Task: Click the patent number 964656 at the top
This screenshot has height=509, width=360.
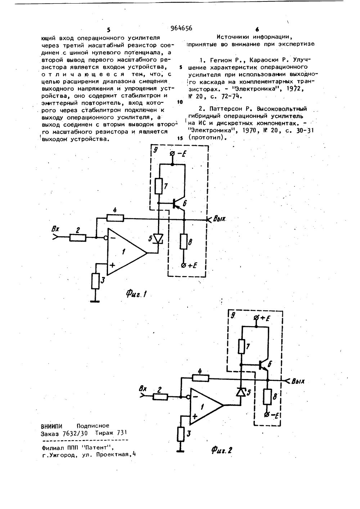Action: [181, 28]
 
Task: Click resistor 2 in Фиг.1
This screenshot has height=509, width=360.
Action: [77, 238]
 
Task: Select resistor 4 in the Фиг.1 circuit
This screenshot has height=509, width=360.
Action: [116, 218]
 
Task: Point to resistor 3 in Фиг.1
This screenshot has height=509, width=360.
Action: [95, 281]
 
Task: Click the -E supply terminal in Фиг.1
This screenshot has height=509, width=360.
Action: [172, 154]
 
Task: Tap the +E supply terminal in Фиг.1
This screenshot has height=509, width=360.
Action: [184, 266]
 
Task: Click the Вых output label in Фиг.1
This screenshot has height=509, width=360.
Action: [219, 219]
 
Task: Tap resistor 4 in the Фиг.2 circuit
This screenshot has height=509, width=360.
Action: [201, 378]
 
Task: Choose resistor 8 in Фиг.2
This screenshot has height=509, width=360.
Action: [267, 397]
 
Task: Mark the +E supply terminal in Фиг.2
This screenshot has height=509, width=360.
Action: [256, 317]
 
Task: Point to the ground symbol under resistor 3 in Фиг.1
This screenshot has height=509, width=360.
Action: [95, 301]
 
